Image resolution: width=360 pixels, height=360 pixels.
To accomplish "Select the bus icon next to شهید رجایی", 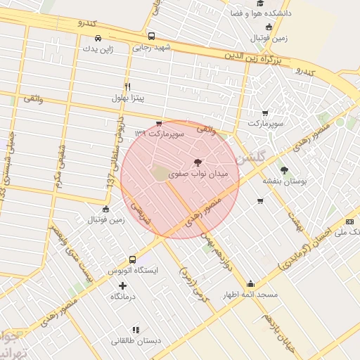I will (x=151, y=36).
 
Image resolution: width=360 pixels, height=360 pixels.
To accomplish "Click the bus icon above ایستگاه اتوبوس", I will (x=133, y=259).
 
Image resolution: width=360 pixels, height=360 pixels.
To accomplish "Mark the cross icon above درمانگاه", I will (x=123, y=285).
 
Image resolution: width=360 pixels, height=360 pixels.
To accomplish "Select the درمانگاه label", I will (x=123, y=297).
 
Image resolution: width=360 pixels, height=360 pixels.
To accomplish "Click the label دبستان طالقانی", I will (x=136, y=341).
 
